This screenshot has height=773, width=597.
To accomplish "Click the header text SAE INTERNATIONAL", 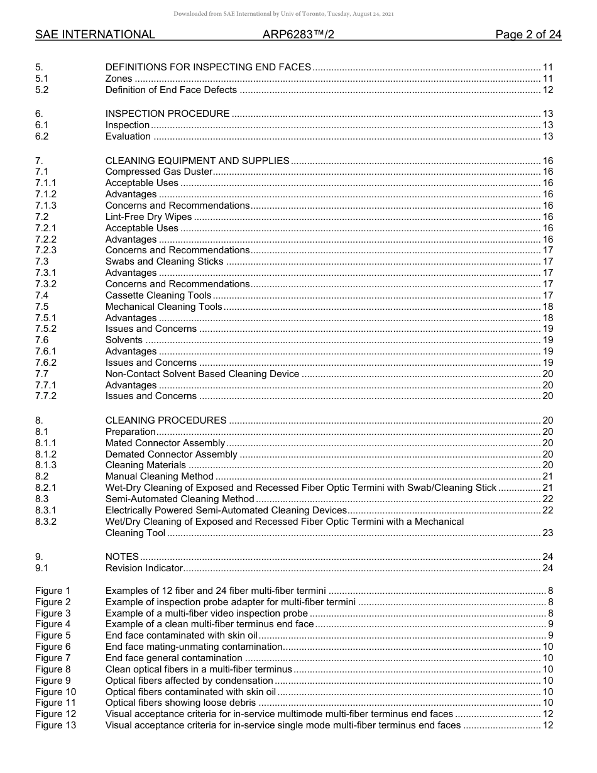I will pyautogui.click(x=95, y=35).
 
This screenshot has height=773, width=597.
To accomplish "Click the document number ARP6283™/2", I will pyautogui.click(x=298, y=35).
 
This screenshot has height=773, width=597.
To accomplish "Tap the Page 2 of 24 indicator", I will pyautogui.click(x=528, y=35).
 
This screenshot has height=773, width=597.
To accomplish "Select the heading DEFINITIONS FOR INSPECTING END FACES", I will pyautogui.click(x=208, y=67).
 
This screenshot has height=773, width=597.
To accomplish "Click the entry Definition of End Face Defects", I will pyautogui.click(x=171, y=90).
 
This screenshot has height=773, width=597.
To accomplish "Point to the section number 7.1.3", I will pyautogui.click(x=46, y=206).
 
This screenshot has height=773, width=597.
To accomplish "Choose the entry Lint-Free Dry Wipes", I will pyautogui.click(x=148, y=217).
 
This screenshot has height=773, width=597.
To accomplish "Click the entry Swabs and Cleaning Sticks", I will pyautogui.click(x=164, y=261).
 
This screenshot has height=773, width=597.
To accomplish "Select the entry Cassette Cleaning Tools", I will pyautogui.click(x=158, y=295).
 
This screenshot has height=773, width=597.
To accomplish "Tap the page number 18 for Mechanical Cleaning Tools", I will pyautogui.click(x=547, y=307).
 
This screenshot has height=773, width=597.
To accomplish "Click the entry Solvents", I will pyautogui.click(x=124, y=340).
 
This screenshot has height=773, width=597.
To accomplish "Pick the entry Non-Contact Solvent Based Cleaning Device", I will pyautogui.click(x=202, y=374).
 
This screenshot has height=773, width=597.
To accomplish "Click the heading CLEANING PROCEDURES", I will pyautogui.click(x=166, y=420).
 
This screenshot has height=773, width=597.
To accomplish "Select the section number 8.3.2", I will pyautogui.click(x=46, y=522).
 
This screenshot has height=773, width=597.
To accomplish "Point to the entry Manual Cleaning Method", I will pyautogui.click(x=160, y=476).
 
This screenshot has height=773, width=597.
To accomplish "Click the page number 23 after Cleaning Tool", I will pyautogui.click(x=547, y=533).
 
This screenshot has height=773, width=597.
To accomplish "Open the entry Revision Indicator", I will pyautogui.click(x=144, y=568).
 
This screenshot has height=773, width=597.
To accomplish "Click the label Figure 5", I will pyautogui.click(x=53, y=635).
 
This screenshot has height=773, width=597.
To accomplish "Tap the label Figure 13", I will pyautogui.click(x=55, y=725).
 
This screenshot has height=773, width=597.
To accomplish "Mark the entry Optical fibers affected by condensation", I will pyautogui.click(x=189, y=681).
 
